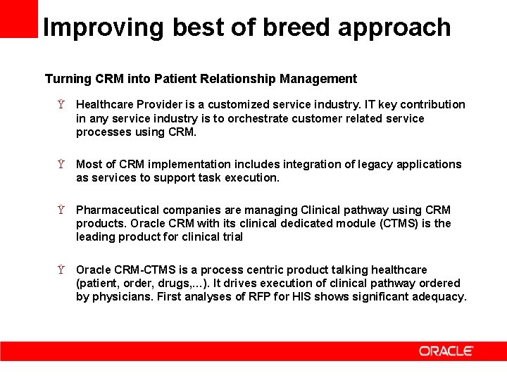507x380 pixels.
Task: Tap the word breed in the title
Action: [x=299, y=27]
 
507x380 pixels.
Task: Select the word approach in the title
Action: [x=394, y=27]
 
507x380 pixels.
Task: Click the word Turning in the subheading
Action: [x=67, y=79]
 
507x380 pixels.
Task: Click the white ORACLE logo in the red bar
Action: [x=446, y=351]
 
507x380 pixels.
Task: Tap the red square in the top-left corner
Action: [x=18, y=18]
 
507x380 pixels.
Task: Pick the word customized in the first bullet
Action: [x=232, y=105]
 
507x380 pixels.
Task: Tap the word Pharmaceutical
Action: [x=116, y=210]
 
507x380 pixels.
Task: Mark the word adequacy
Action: [x=442, y=297]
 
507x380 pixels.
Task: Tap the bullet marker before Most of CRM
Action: [x=62, y=165]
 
